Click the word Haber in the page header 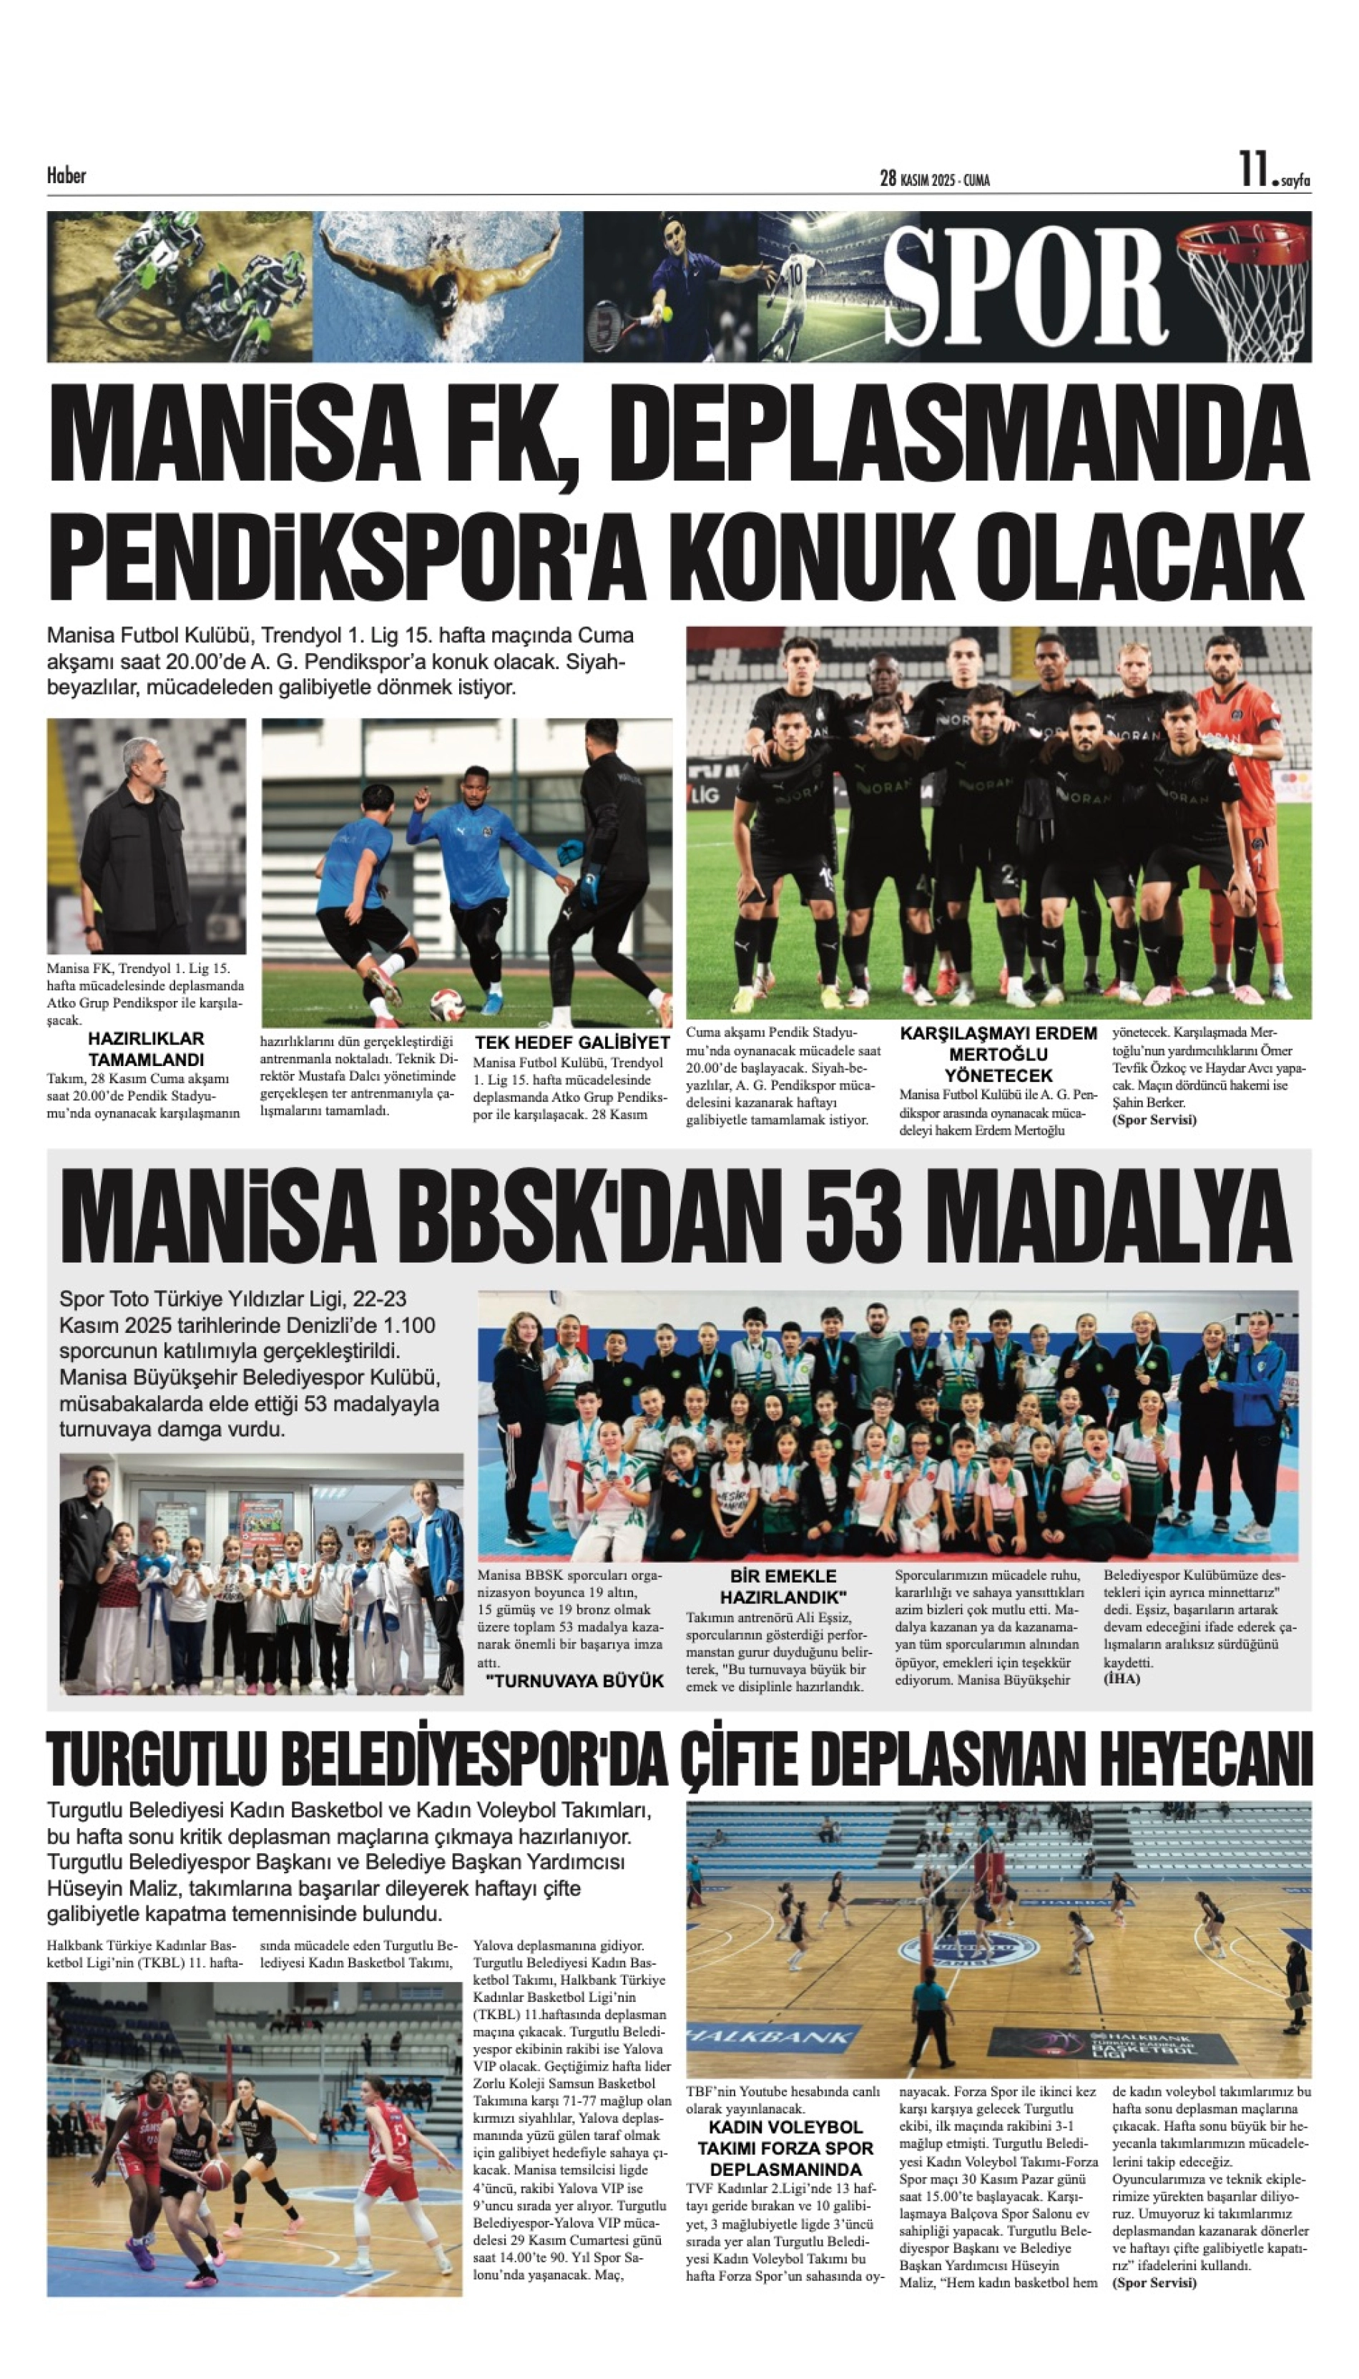tap(67, 175)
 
